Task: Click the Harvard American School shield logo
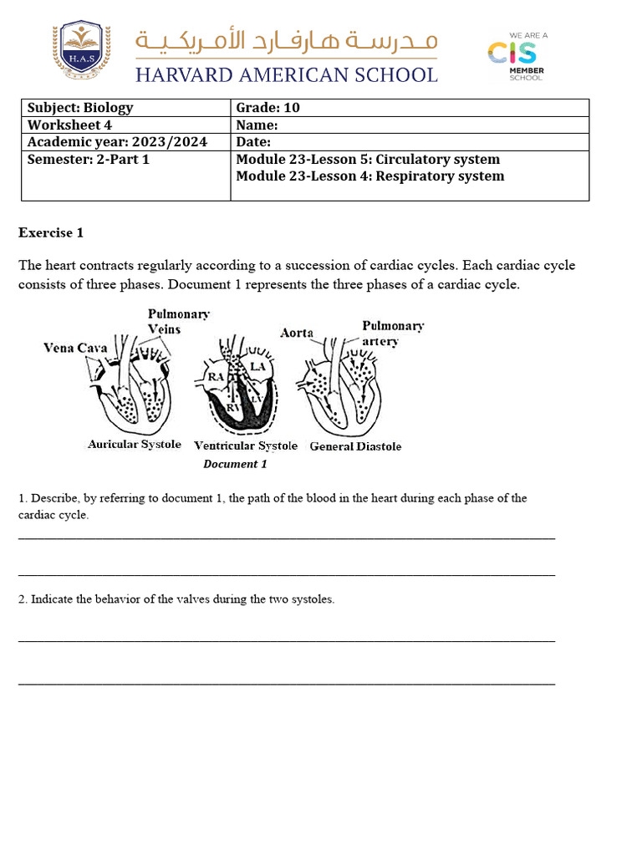point(81,51)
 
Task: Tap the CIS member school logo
point(516,57)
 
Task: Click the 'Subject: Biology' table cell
point(125,107)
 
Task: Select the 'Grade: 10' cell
point(410,107)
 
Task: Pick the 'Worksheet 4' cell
point(125,125)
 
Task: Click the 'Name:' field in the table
point(410,125)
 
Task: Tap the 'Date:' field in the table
point(410,142)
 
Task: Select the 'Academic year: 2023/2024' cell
point(125,142)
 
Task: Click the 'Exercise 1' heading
point(51,232)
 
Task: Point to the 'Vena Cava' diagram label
point(75,348)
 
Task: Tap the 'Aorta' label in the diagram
point(297,333)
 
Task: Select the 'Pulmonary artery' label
point(391,333)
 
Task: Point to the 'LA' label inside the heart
point(257,366)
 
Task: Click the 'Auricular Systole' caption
point(134,445)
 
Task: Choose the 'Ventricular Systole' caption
point(245,446)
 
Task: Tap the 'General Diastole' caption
point(355,446)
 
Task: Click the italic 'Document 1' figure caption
point(235,464)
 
